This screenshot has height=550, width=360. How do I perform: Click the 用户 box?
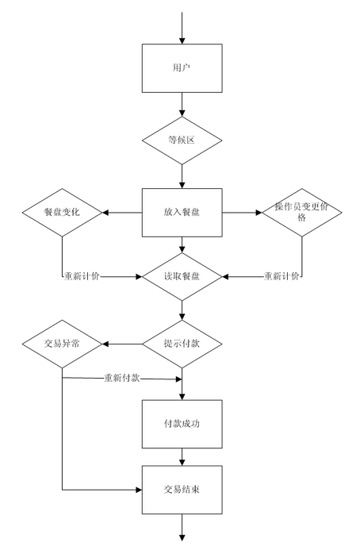[182, 68]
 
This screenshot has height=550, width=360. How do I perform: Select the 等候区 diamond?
[182, 140]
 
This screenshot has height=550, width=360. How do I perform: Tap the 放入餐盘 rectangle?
[182, 213]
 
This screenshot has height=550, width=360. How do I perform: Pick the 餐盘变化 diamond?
[62, 213]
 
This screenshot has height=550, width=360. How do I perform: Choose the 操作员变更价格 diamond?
[302, 213]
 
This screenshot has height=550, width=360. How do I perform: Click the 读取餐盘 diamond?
[182, 277]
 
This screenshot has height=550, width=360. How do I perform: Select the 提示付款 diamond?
[182, 344]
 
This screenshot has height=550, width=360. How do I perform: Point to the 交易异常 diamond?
[62, 344]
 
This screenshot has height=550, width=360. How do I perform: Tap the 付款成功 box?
[182, 424]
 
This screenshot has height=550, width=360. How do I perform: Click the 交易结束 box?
[182, 490]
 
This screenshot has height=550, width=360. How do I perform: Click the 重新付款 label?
[122, 378]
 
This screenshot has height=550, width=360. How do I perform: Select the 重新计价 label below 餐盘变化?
[82, 276]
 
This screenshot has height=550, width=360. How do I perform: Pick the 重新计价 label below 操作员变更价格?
[281, 276]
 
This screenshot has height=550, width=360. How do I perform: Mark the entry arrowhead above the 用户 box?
[182, 40]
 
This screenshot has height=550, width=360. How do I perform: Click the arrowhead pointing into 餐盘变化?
[105, 213]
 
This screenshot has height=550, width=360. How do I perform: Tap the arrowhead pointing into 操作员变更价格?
[259, 213]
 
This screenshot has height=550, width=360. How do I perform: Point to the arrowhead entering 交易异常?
[105, 344]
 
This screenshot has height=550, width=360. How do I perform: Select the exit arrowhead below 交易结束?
[182, 538]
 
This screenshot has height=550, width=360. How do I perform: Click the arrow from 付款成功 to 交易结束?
[182, 457]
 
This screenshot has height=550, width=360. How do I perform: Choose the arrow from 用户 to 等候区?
[182, 105]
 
